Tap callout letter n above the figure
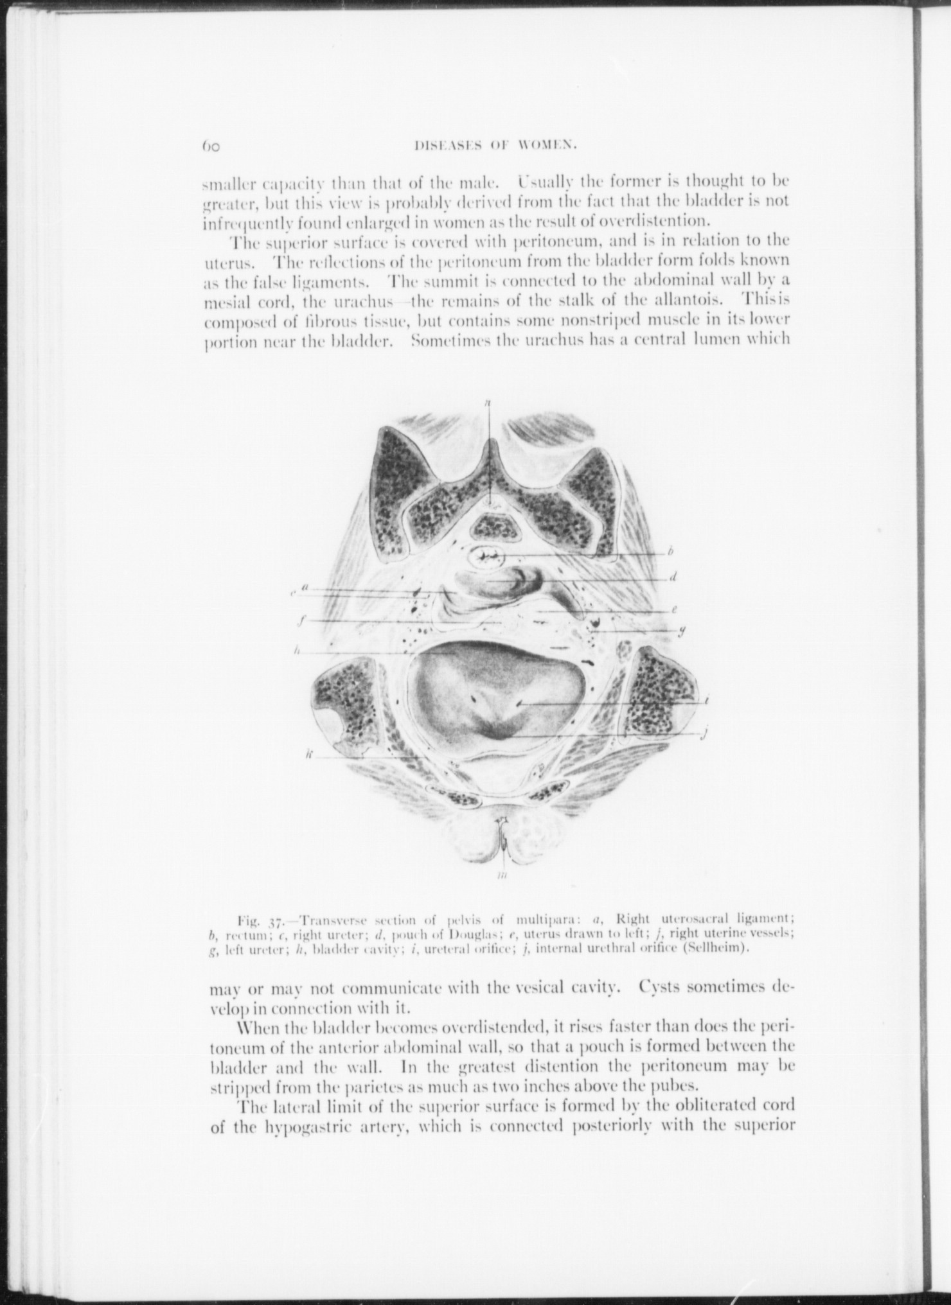point(488,403)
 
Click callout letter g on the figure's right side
point(681,631)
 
